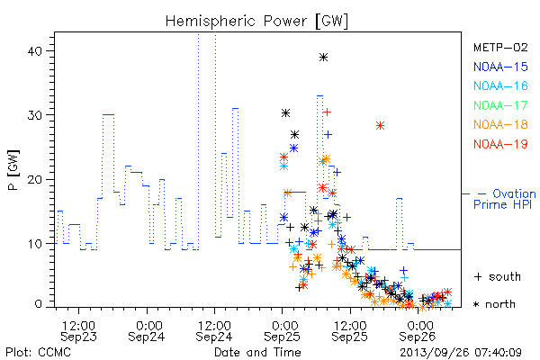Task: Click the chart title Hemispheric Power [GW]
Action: (x=256, y=21)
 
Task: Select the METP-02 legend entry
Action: (x=500, y=47)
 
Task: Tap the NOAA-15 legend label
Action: (x=500, y=67)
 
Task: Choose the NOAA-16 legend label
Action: (x=500, y=85)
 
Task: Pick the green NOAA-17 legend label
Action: (x=500, y=105)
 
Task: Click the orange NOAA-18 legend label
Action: (x=500, y=124)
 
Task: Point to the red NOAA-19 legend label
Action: (x=500, y=144)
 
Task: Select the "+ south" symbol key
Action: (x=498, y=276)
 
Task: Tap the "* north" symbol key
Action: (x=494, y=304)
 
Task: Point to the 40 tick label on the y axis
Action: (x=34, y=51)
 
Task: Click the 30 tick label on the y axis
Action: (x=34, y=115)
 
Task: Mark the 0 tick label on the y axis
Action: (x=38, y=304)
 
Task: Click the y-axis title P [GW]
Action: (x=13, y=170)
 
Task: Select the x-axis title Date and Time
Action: (x=257, y=352)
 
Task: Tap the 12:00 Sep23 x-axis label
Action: (x=78, y=330)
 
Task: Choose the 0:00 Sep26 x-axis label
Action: (x=418, y=330)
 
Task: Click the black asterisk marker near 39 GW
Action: (x=323, y=58)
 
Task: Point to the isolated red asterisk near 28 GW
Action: (x=380, y=126)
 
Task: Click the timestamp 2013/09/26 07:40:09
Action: (x=461, y=353)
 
